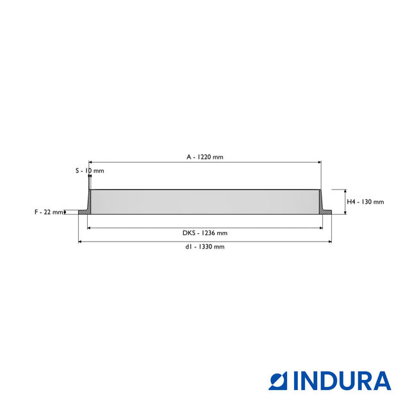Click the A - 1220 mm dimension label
point(205,157)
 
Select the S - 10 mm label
point(89,171)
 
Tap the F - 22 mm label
point(49,212)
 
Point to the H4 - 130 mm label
point(365,202)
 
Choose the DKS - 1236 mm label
point(205,233)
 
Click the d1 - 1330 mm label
point(205,247)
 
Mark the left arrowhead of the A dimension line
point(91,163)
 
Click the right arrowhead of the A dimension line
point(318,163)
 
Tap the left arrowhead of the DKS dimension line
point(90,227)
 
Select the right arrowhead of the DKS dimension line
point(320,227)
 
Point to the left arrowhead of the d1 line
point(81,242)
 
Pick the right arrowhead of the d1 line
point(329,242)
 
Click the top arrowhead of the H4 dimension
point(345,192)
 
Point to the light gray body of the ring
point(205,202)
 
